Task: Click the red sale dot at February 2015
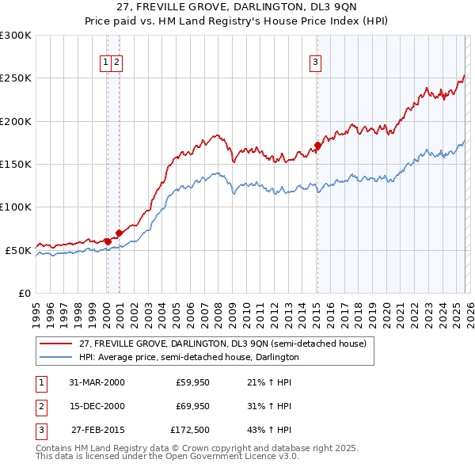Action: tap(317, 146)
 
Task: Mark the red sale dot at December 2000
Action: tap(119, 233)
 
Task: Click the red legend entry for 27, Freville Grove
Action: tap(222, 344)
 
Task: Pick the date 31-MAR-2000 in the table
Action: tap(97, 382)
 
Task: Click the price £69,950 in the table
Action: tap(192, 407)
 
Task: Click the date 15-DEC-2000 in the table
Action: tap(97, 407)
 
